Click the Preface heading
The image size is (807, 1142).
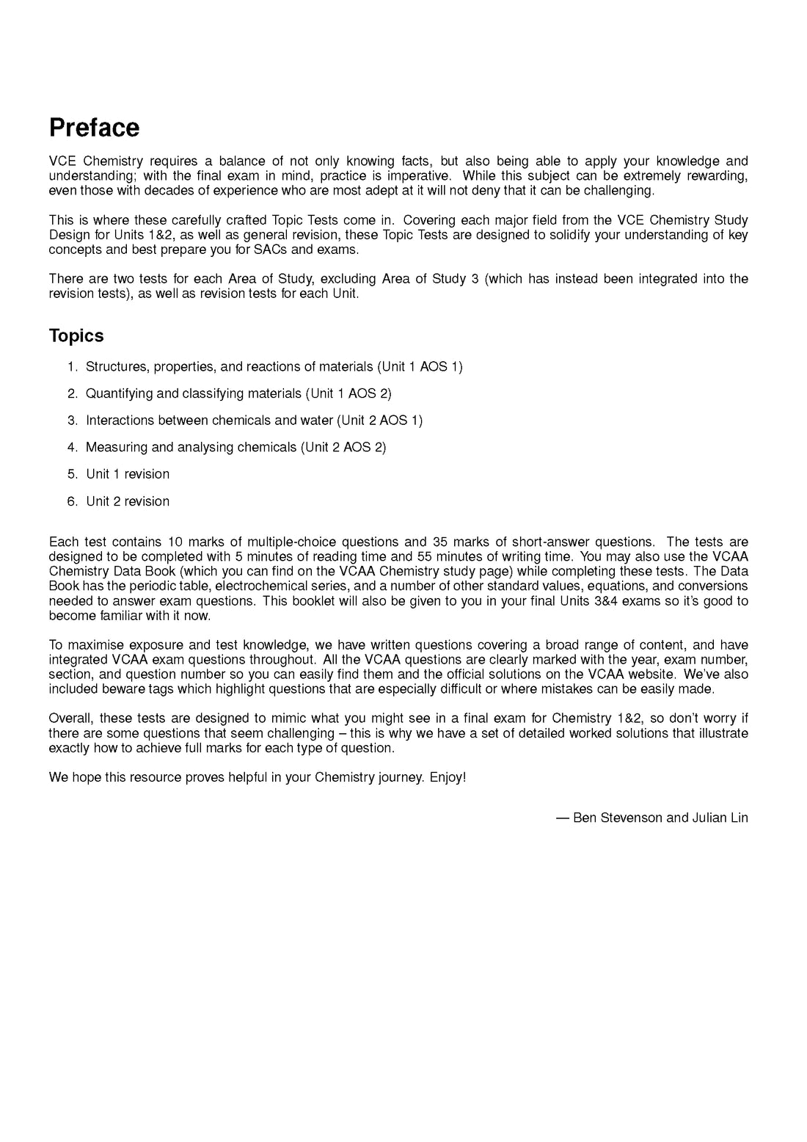[94, 128]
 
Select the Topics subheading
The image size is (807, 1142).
[76, 336]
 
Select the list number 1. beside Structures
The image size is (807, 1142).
[72, 367]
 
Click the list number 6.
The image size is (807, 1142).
[72, 501]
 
